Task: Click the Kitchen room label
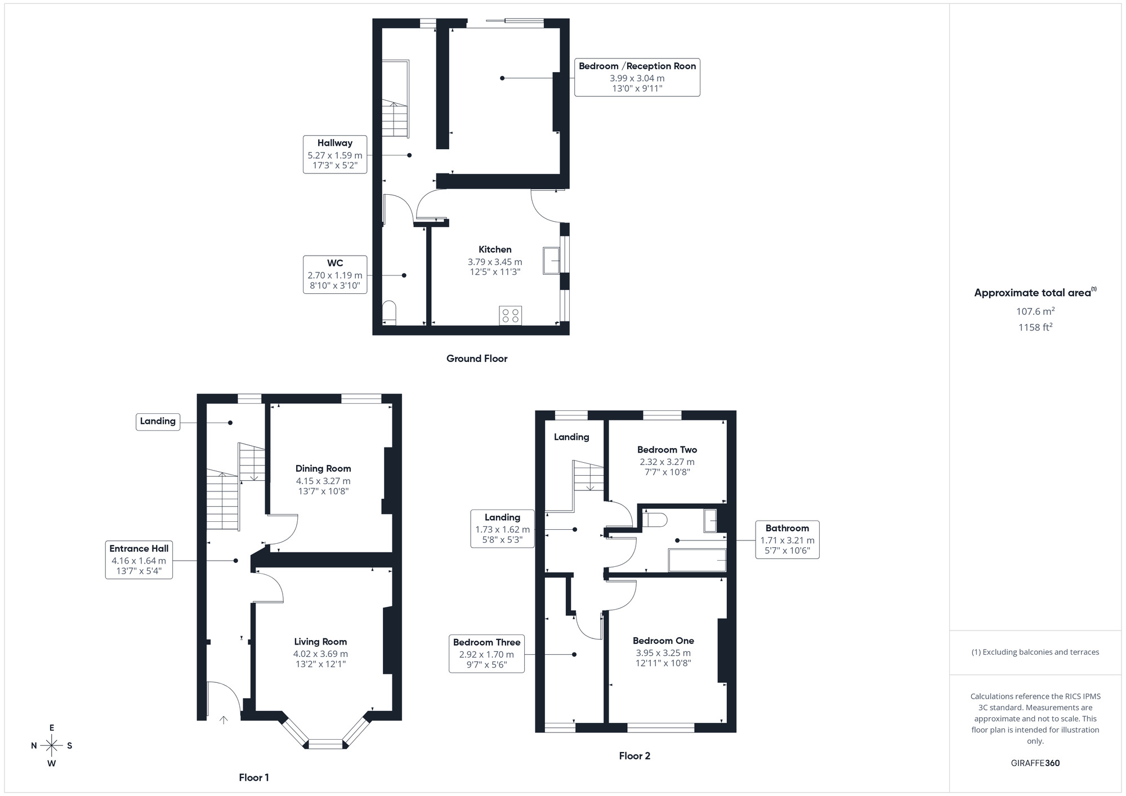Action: tap(495, 249)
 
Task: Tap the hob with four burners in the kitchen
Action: tap(510, 315)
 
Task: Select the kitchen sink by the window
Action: tap(551, 261)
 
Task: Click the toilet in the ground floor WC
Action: tap(389, 312)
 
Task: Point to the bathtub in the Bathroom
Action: tap(697, 560)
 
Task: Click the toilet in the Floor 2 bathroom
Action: tap(655, 519)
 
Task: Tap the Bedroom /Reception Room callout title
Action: tap(637, 66)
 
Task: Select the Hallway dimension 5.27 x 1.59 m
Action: tap(335, 155)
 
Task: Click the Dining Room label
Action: tap(323, 468)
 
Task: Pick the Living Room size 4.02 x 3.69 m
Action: tap(320, 654)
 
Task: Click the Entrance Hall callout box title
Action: tap(138, 548)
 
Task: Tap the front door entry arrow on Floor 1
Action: tap(224, 719)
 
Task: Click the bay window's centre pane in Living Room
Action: tap(326, 744)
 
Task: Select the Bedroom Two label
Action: tap(667, 449)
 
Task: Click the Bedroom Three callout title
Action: tap(486, 642)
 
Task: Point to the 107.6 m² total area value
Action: tap(1035, 311)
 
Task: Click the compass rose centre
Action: tap(52, 746)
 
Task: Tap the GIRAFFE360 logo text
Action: tap(1035, 763)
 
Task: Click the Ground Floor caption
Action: tap(477, 359)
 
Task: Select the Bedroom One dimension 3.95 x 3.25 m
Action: tap(663, 653)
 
